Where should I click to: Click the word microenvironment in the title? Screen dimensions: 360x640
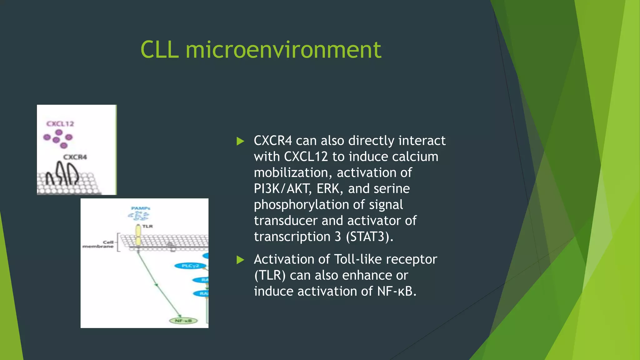click(283, 50)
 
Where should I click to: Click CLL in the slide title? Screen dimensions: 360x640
click(159, 50)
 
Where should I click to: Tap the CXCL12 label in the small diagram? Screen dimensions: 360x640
click(60, 124)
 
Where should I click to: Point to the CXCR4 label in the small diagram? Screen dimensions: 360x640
click(75, 157)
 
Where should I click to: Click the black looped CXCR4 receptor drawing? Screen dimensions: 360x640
click(64, 173)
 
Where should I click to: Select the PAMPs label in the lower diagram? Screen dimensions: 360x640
click(141, 208)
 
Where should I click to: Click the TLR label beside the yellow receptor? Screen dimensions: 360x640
click(147, 226)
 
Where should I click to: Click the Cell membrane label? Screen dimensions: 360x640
click(98, 244)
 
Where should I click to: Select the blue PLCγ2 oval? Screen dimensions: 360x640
click(190, 266)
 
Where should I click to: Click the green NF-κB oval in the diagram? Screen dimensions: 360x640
click(183, 321)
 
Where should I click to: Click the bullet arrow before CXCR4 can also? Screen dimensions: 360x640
click(240, 141)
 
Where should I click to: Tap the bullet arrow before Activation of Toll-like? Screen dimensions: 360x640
click(240, 260)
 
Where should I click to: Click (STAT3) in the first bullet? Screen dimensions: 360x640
click(369, 237)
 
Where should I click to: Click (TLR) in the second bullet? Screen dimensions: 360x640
click(270, 276)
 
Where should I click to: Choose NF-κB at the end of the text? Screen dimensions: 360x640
click(396, 292)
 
